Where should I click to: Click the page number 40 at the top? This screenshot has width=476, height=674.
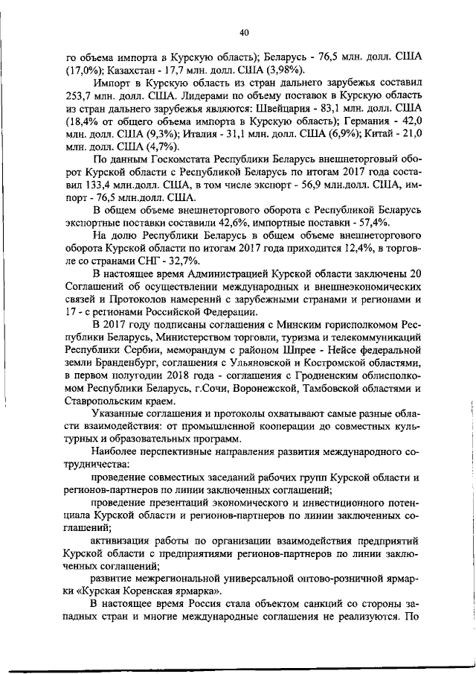coord(244,31)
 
